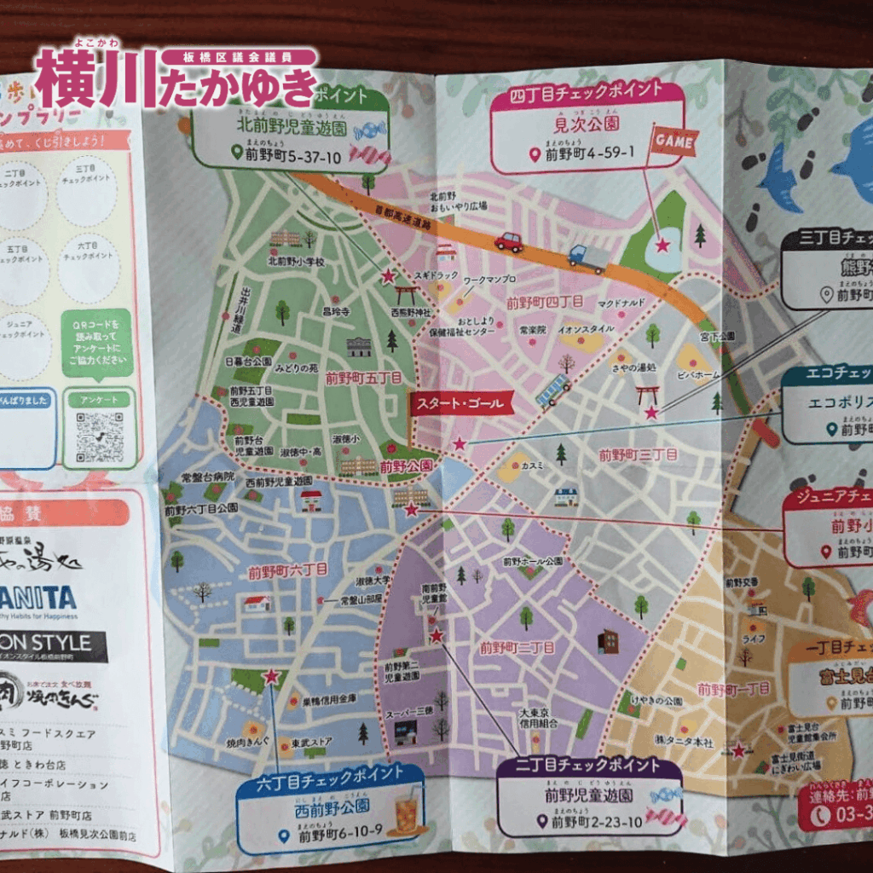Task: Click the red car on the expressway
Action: click(x=509, y=242)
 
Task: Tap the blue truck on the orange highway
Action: click(x=588, y=257)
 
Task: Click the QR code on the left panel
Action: click(x=99, y=436)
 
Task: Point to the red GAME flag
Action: click(x=674, y=141)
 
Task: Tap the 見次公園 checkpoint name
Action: click(x=587, y=124)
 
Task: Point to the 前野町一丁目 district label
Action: click(x=733, y=688)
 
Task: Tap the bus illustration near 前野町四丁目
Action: click(x=553, y=391)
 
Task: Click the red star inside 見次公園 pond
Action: click(x=662, y=245)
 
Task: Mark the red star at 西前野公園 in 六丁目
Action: click(x=271, y=677)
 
